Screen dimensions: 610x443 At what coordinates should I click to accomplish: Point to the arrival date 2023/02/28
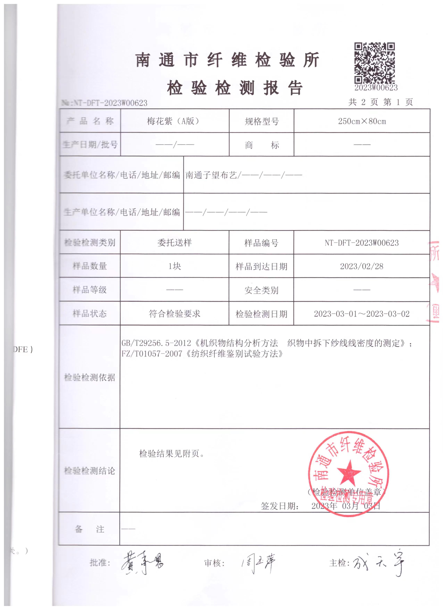pos(362,266)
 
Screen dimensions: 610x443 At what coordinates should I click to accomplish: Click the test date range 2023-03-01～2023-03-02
pos(362,314)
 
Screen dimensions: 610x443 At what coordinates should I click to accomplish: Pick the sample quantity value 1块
pos(175,266)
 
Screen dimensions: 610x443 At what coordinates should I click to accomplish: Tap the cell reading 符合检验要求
pos(175,314)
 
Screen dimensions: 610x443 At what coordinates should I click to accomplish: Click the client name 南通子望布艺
pos(211,175)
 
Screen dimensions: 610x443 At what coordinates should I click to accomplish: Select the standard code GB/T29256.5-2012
pos(156,343)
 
